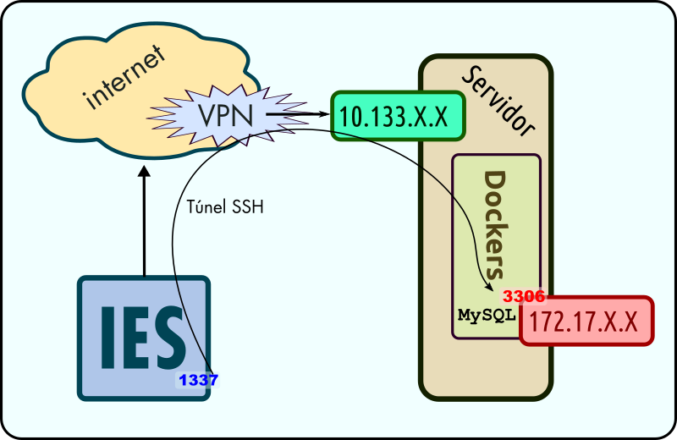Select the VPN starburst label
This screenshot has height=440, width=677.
pyautogui.click(x=224, y=114)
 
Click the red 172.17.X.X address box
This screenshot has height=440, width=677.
pyautogui.click(x=586, y=322)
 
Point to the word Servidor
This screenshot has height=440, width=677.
pyautogui.click(x=499, y=98)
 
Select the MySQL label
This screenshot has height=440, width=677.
pyautogui.click(x=487, y=315)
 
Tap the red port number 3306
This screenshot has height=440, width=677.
pyautogui.click(x=524, y=297)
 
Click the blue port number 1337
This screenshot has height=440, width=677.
pyautogui.click(x=198, y=381)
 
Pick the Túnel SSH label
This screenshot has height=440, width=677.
pyautogui.click(x=223, y=206)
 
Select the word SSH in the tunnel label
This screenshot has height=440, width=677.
pyautogui.click(x=246, y=206)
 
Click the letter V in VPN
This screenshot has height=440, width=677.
pyautogui.click(x=207, y=114)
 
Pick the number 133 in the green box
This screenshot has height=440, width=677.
pyautogui.click(x=387, y=117)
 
